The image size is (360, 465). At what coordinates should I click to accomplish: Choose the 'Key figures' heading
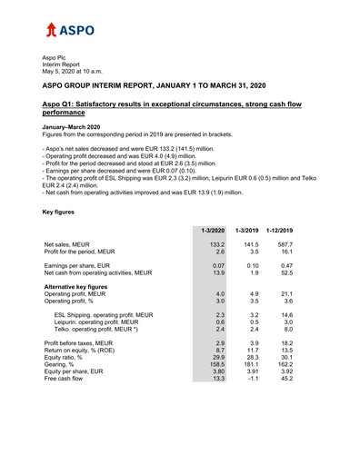coord(61,212)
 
